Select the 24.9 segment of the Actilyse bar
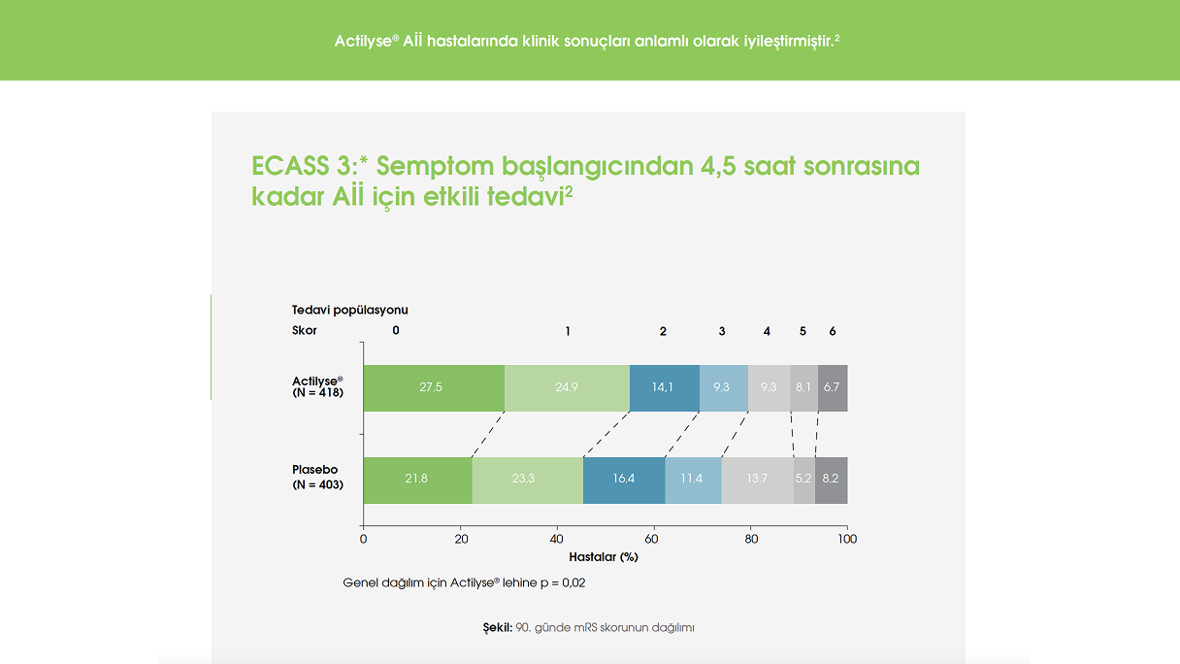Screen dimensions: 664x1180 pyautogui.click(x=567, y=387)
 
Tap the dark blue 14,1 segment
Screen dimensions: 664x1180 pyautogui.click(x=664, y=387)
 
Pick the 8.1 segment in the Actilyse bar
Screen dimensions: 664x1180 pyautogui.click(x=803, y=387)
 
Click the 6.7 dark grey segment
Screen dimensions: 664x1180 pyautogui.click(x=832, y=387)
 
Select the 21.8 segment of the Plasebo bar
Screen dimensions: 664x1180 pyautogui.click(x=417, y=480)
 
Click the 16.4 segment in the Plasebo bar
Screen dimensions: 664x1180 pyautogui.click(x=624, y=480)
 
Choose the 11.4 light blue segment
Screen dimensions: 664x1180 pyautogui.click(x=693, y=480)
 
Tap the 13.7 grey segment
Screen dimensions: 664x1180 pyautogui.click(x=757, y=480)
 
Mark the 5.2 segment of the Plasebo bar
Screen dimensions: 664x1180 pyautogui.click(x=803, y=480)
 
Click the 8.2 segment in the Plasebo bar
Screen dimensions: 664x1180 pyautogui.click(x=831, y=480)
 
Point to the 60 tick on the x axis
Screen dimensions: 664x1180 pyautogui.click(x=654, y=539)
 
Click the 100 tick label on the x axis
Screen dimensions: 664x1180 pyautogui.click(x=847, y=539)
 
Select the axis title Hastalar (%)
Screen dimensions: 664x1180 pyautogui.click(x=603, y=557)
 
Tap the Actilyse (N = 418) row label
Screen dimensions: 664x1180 pyautogui.click(x=317, y=385)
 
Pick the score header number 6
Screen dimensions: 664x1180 pyautogui.click(x=832, y=331)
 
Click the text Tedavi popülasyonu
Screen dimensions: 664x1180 pyautogui.click(x=350, y=310)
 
